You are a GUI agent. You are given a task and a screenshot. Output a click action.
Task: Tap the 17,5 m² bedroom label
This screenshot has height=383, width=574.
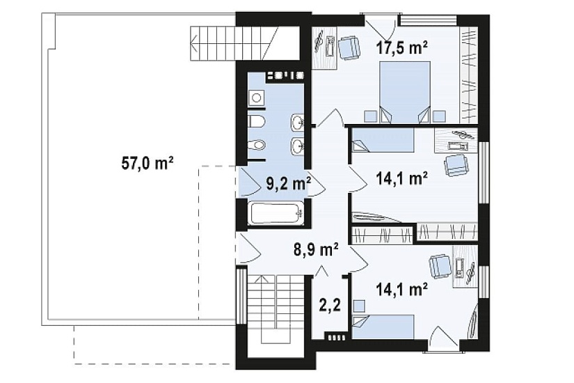[x=402, y=47]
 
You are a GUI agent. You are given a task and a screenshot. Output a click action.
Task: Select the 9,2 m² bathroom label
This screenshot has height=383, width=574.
[x=289, y=184]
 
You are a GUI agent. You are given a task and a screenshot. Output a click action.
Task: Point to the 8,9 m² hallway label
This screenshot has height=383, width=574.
[x=316, y=250]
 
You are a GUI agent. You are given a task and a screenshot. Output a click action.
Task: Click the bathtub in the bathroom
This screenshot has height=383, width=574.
[x=276, y=213]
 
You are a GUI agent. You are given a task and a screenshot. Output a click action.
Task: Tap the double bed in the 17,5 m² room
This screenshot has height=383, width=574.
[x=405, y=92]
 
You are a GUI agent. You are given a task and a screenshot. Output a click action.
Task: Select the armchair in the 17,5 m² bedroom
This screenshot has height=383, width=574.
[x=349, y=48]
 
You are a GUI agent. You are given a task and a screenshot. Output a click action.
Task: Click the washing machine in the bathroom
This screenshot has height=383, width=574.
[x=257, y=98]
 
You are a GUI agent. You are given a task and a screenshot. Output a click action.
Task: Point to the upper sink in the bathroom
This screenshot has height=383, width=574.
[x=297, y=121]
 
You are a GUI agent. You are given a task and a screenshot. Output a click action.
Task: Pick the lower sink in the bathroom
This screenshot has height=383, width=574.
[x=297, y=146]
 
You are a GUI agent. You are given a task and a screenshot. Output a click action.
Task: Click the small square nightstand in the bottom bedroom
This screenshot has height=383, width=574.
[x=360, y=305]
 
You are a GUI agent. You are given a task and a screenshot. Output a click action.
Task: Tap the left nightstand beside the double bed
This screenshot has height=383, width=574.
[x=370, y=116]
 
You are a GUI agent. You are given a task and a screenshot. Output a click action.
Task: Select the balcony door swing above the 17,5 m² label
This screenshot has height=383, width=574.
[x=381, y=24]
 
